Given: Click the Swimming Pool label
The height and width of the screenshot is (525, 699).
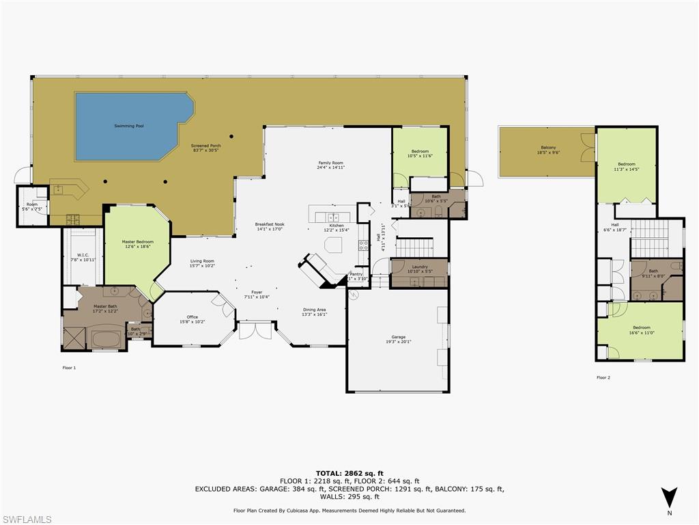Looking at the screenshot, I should pyautogui.click(x=129, y=126).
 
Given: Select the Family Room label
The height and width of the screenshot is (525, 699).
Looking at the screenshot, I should pyautogui.click(x=330, y=163).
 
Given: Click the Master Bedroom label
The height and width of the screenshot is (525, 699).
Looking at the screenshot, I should pyautogui.click(x=137, y=241).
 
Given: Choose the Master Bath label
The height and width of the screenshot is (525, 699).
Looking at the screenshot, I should pyautogui.click(x=105, y=306).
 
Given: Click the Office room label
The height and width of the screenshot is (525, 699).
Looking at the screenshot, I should pyautogui.click(x=192, y=317).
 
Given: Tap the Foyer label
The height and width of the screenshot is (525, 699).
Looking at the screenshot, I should pyautogui.click(x=257, y=292).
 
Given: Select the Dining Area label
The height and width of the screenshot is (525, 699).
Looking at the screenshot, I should pyautogui.click(x=315, y=310).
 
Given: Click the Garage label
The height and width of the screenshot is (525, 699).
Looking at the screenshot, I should pyautogui.click(x=398, y=337).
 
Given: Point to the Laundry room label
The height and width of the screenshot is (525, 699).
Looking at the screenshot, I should pyautogui.click(x=420, y=267).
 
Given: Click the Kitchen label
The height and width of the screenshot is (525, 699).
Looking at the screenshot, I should pyautogui.click(x=337, y=225).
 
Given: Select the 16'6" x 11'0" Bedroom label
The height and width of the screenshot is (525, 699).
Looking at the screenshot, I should pyautogui.click(x=641, y=327).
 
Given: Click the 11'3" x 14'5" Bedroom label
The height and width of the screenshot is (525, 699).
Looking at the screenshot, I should pyautogui.click(x=626, y=164).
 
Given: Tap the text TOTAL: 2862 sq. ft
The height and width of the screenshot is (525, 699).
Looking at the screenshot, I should pyautogui.click(x=349, y=473).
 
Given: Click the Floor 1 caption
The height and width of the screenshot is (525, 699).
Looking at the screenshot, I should pyautogui.click(x=69, y=368).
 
